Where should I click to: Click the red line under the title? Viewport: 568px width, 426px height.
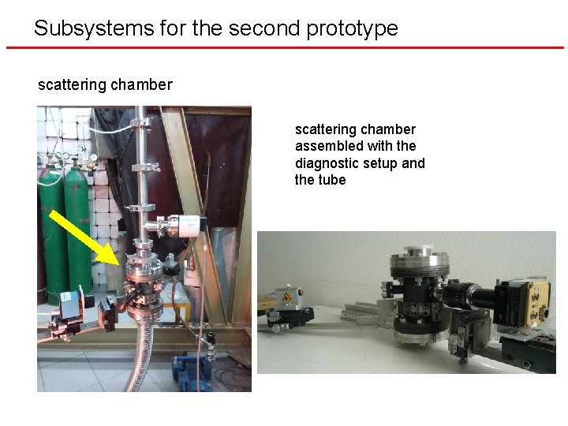284,48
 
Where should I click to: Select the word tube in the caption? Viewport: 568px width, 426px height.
332,180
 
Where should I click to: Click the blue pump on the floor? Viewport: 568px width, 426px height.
189,376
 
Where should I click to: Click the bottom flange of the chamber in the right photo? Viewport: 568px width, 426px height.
416,338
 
